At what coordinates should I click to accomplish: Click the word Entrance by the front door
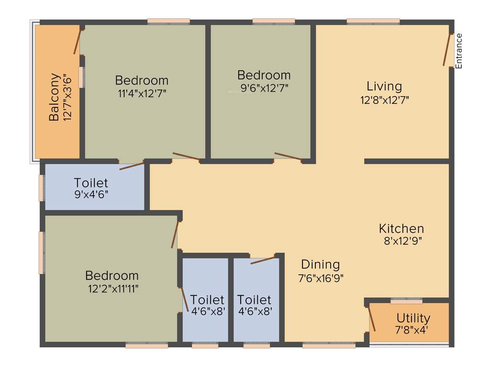(459, 51)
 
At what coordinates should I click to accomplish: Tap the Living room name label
(384, 86)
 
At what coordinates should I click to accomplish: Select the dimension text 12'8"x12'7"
(384, 100)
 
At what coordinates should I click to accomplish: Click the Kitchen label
(401, 228)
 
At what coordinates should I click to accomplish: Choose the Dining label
(320, 264)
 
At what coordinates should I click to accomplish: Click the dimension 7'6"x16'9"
(320, 277)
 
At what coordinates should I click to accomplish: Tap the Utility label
(413, 318)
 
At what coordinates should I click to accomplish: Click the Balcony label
(55, 97)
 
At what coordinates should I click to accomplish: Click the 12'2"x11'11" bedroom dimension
(112, 288)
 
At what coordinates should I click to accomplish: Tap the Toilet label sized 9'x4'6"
(91, 183)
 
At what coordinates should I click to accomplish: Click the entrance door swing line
(447, 50)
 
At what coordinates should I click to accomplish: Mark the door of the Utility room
(371, 319)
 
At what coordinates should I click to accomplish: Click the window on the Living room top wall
(373, 21)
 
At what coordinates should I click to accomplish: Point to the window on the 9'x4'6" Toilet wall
(42, 188)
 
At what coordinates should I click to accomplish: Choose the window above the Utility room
(406, 301)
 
